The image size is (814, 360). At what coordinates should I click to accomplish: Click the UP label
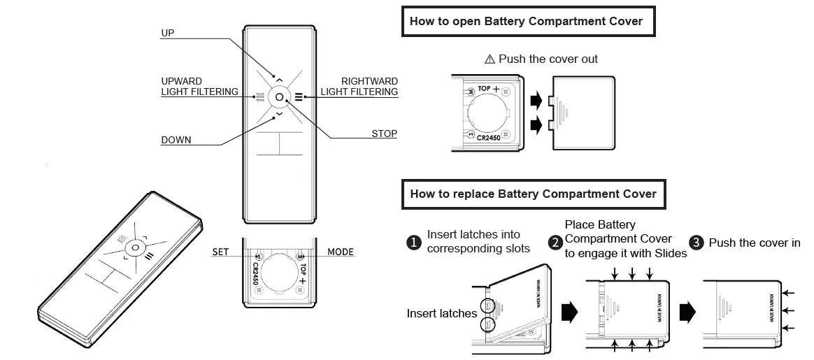tap(168, 33)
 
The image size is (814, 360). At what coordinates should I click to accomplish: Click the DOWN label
tap(176, 140)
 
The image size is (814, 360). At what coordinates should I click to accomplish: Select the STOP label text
tap(384, 134)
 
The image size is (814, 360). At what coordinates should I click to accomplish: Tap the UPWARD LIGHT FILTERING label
tap(199, 87)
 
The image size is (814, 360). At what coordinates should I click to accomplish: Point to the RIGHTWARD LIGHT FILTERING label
tap(359, 87)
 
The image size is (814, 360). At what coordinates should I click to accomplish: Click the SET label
tap(220, 252)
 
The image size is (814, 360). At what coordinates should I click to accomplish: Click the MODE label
tap(341, 252)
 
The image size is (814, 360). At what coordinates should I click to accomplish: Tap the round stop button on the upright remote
tap(279, 97)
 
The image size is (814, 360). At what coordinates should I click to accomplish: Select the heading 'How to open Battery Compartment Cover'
tap(526, 21)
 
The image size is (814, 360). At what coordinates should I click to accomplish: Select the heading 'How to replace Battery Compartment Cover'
tap(533, 194)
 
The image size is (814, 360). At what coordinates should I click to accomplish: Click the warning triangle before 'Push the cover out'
tap(490, 59)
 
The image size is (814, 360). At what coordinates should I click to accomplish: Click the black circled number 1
tap(413, 243)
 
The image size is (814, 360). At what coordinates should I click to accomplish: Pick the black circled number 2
tap(556, 243)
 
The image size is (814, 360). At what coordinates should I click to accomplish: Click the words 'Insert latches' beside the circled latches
tap(441, 314)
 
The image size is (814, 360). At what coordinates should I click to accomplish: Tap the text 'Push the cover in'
tap(755, 243)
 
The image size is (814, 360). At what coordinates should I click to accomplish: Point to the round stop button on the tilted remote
tap(135, 248)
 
